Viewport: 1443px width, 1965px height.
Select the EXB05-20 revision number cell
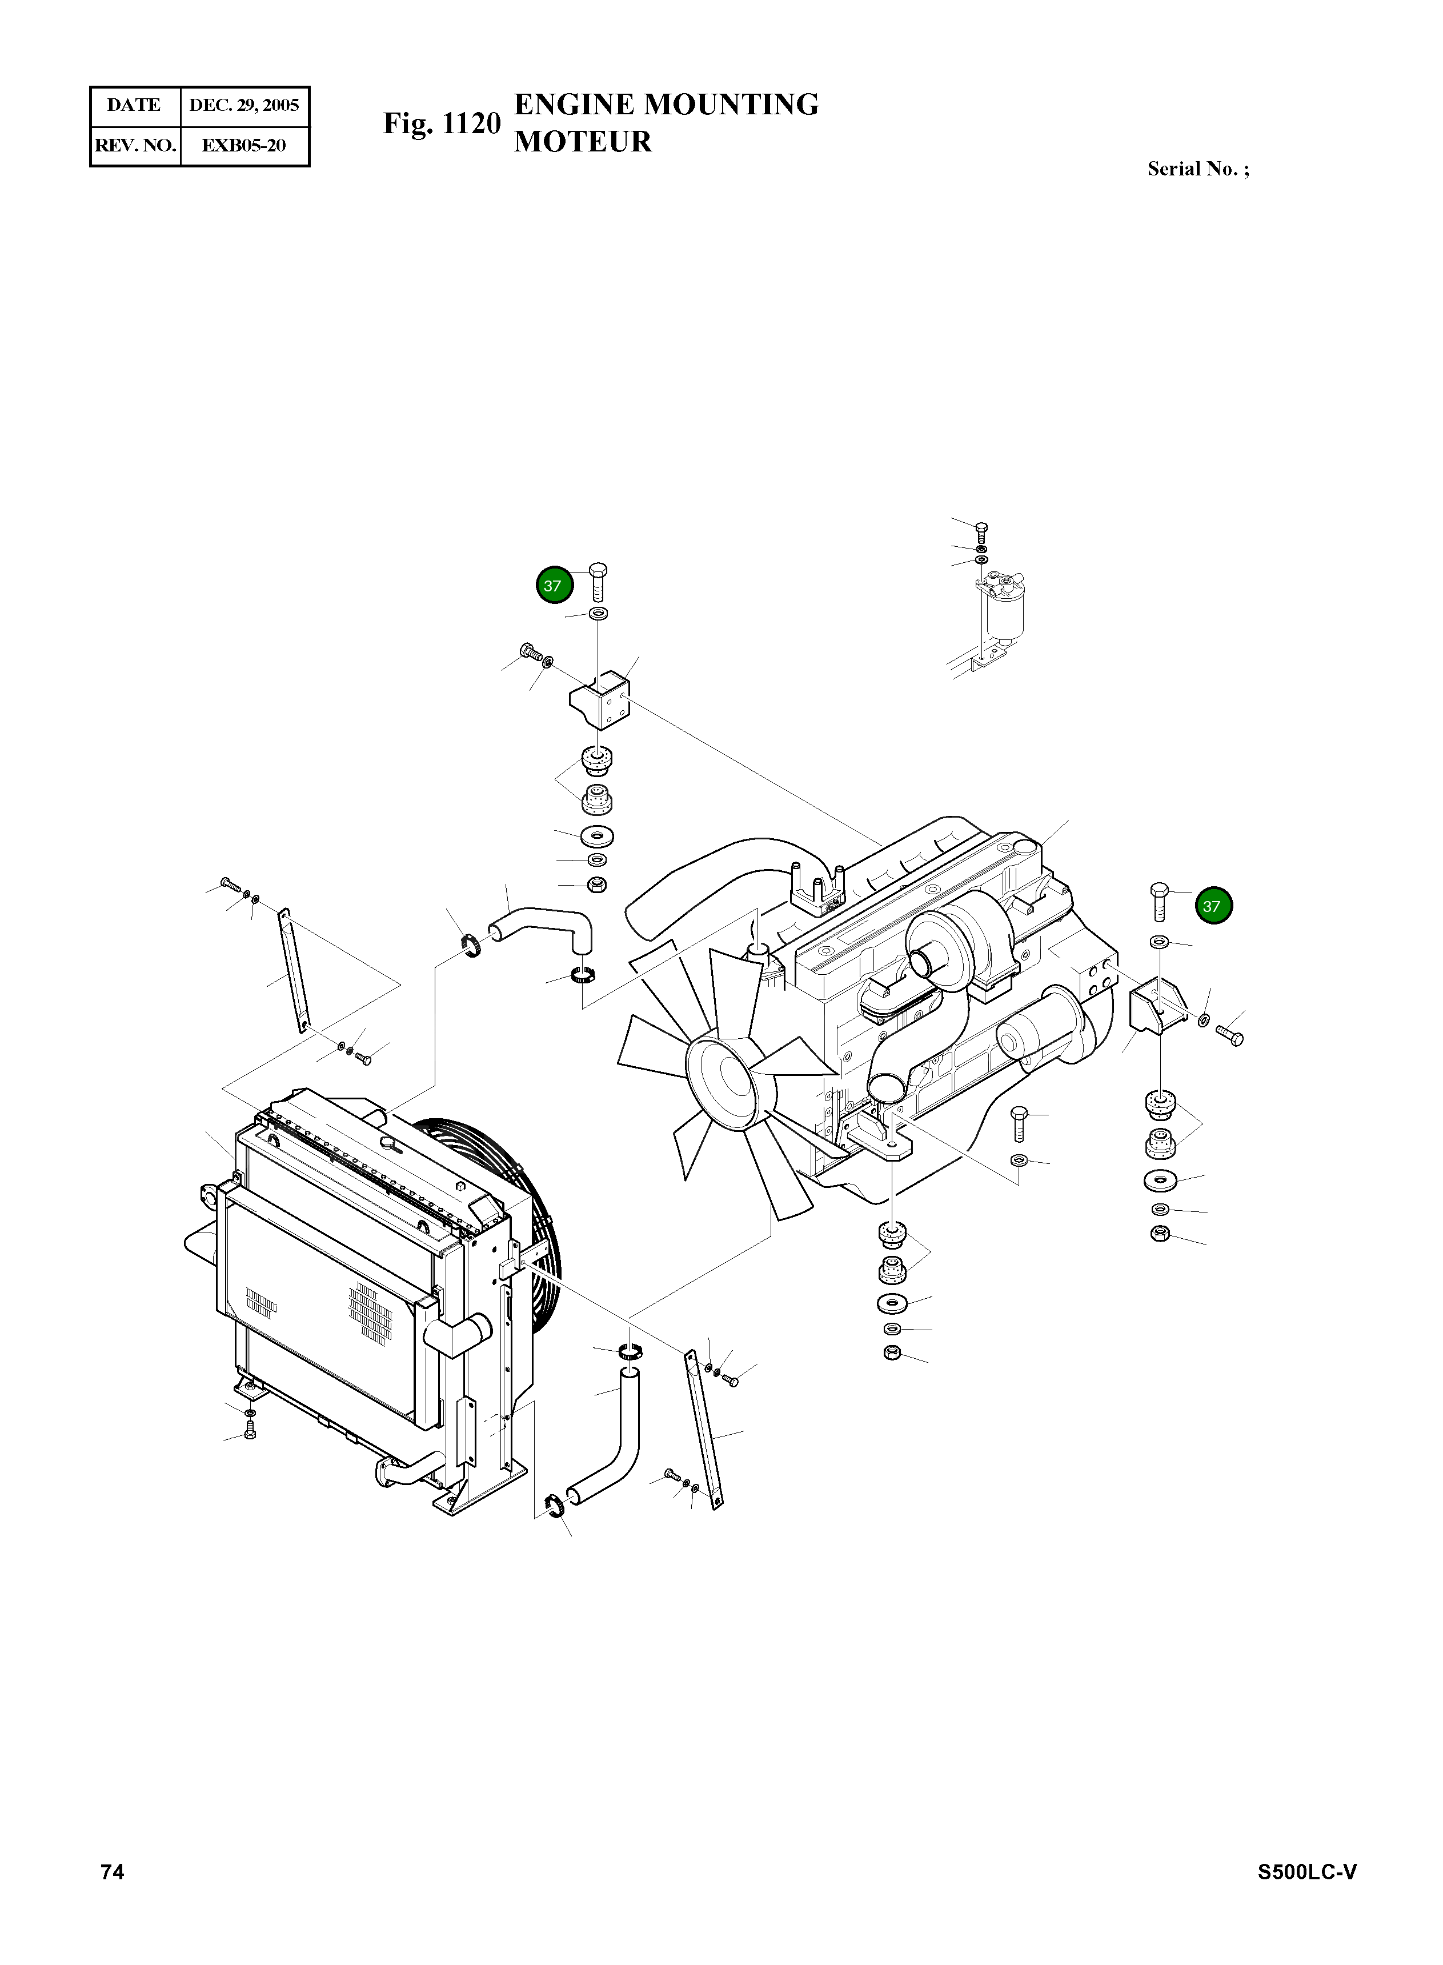(244, 146)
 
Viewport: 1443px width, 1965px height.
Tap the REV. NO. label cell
(135, 146)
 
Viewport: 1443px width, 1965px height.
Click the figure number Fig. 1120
(442, 124)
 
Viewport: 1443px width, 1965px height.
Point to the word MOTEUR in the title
(583, 142)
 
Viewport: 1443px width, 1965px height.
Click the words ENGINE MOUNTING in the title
(667, 105)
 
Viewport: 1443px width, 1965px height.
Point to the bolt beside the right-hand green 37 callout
(1159, 901)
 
